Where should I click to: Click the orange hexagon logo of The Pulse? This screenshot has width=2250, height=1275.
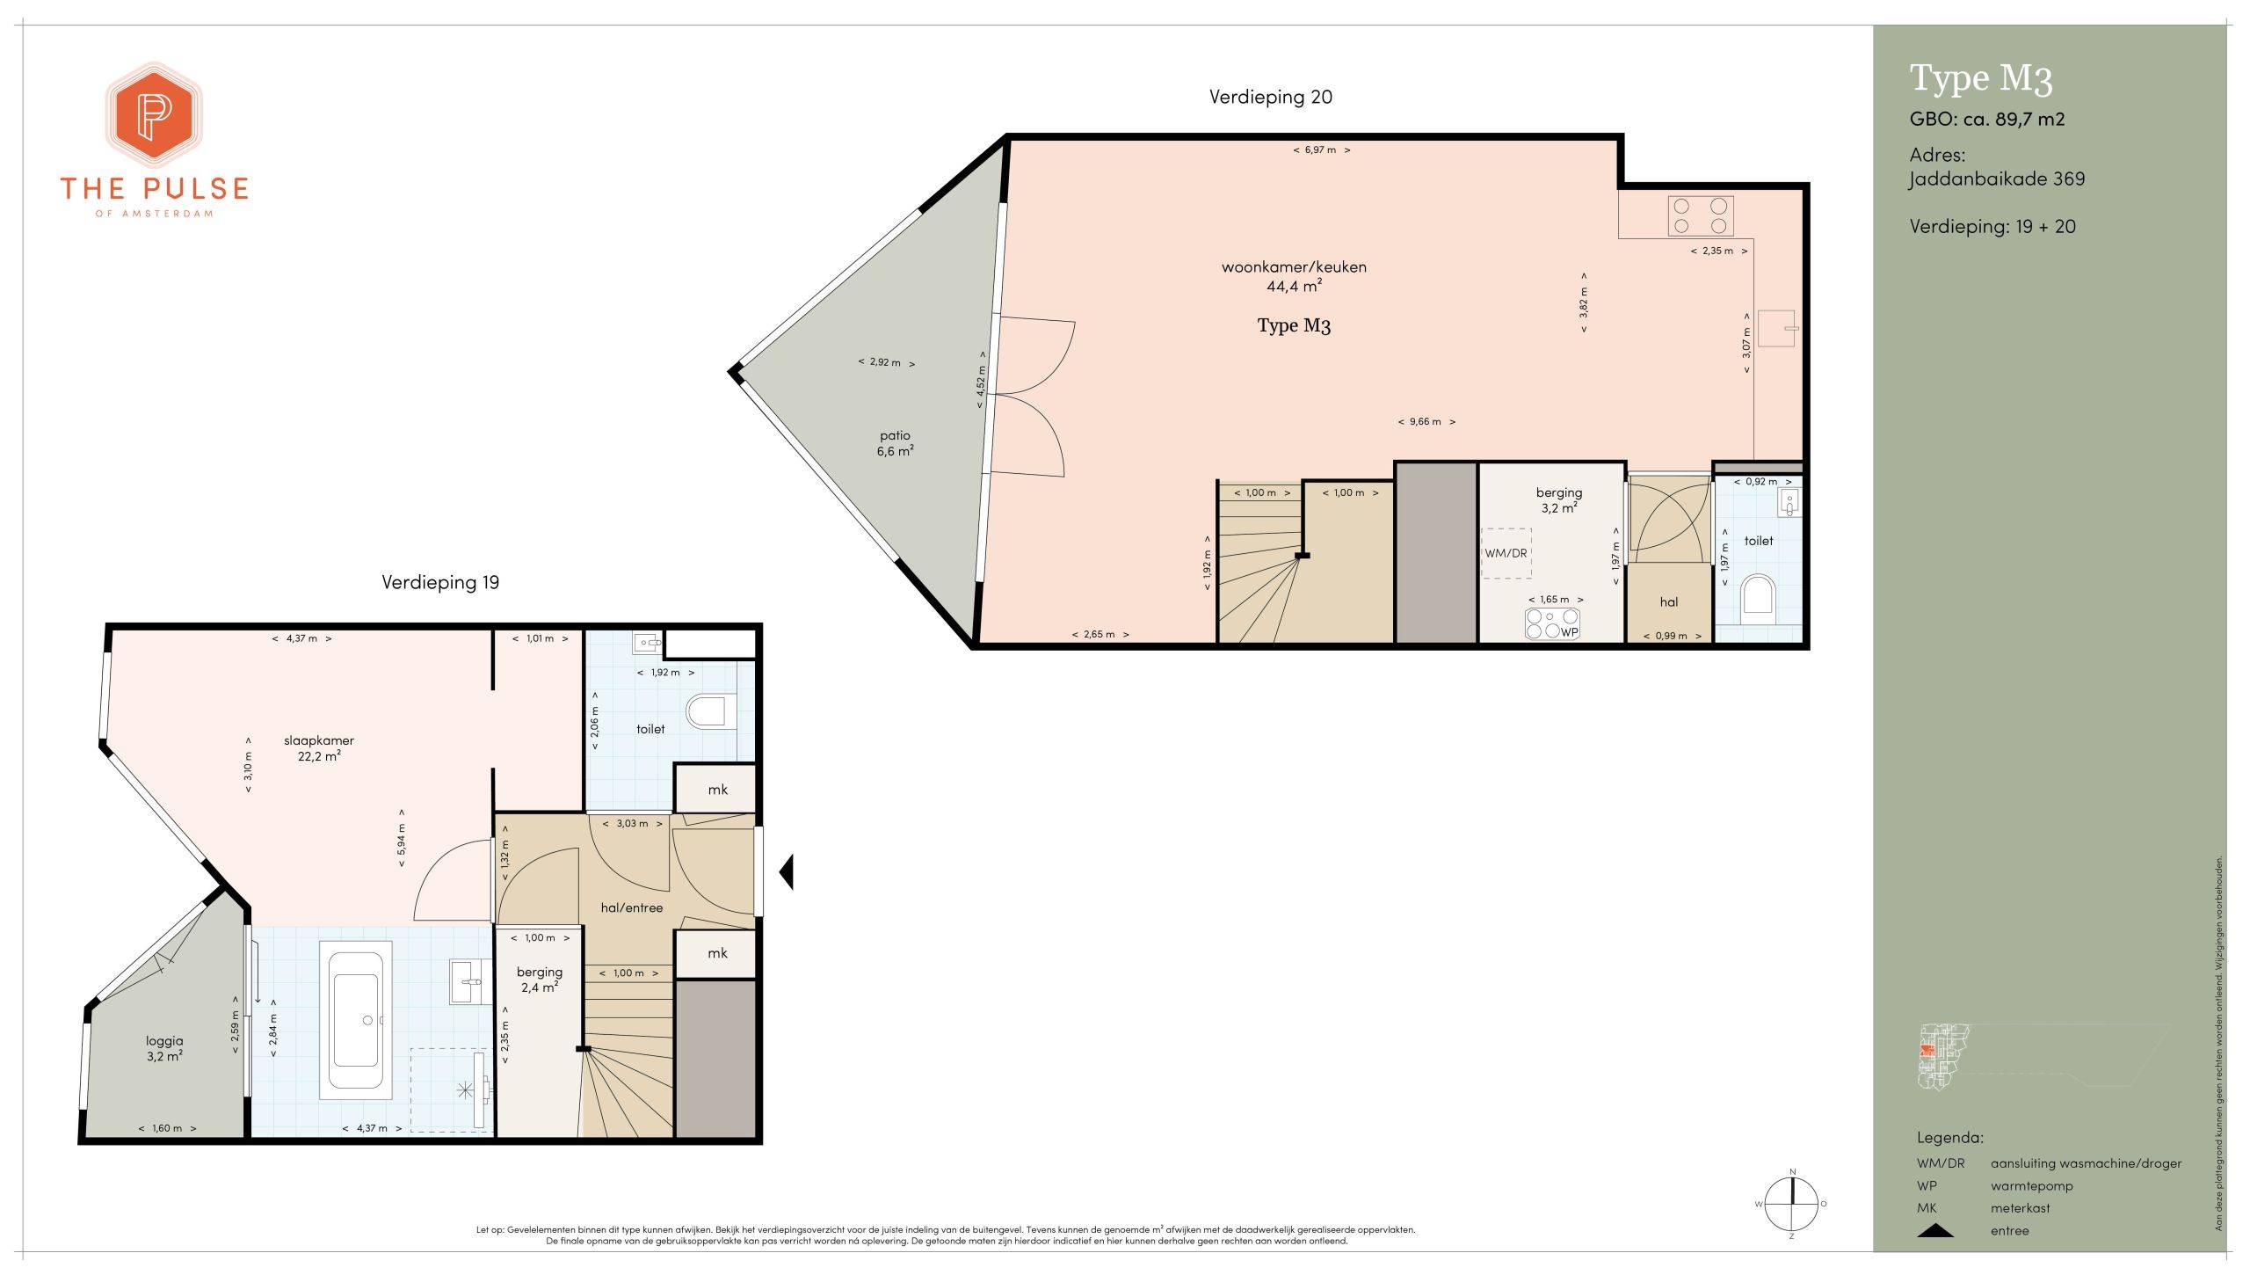click(x=155, y=115)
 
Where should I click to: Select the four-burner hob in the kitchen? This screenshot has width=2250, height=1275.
click(x=1701, y=215)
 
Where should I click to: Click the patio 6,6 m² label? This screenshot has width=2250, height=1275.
click(x=895, y=443)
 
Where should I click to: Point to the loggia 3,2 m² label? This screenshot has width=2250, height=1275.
click(x=164, y=1049)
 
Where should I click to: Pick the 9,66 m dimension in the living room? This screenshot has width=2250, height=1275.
click(x=1426, y=421)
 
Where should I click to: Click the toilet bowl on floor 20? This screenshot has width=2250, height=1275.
click(x=1758, y=595)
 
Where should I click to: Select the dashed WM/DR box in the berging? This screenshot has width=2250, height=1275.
click(x=1506, y=553)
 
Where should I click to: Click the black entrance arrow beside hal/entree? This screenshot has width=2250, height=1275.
click(x=787, y=871)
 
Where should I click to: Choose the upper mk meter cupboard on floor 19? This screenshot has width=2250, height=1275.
click(x=716, y=789)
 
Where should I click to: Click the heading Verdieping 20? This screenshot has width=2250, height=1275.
click(x=1270, y=97)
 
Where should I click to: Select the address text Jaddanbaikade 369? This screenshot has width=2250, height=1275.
click(x=1997, y=178)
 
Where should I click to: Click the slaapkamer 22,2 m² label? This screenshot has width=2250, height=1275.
click(x=319, y=748)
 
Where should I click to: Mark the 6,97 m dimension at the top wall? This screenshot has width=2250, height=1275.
click(x=1322, y=149)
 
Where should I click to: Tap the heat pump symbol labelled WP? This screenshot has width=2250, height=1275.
click(x=1553, y=623)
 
